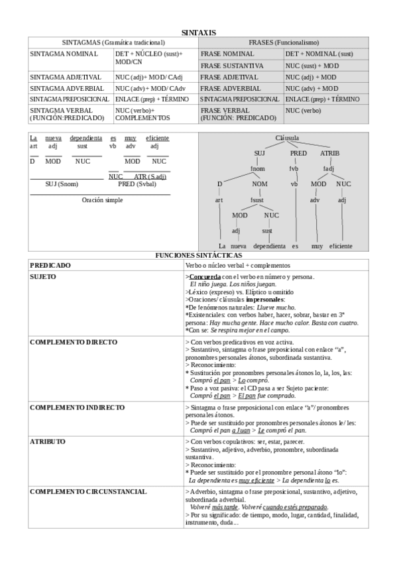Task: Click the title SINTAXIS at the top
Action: coord(198,32)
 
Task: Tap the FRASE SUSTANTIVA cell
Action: coord(232,66)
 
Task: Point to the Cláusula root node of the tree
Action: coord(287,138)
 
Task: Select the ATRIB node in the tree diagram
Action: coord(329,153)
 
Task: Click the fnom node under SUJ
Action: coord(258,168)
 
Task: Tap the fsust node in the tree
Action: coord(257,199)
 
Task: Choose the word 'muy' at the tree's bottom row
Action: coord(317,246)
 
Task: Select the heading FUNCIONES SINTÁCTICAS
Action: coord(198,255)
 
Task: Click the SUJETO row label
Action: coord(43,276)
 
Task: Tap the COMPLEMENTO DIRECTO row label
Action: coord(74,342)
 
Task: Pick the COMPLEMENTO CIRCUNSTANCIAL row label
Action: coord(88,492)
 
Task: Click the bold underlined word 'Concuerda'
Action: coord(205,276)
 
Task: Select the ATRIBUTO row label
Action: coord(48,441)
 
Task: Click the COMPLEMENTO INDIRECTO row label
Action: coord(77,406)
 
